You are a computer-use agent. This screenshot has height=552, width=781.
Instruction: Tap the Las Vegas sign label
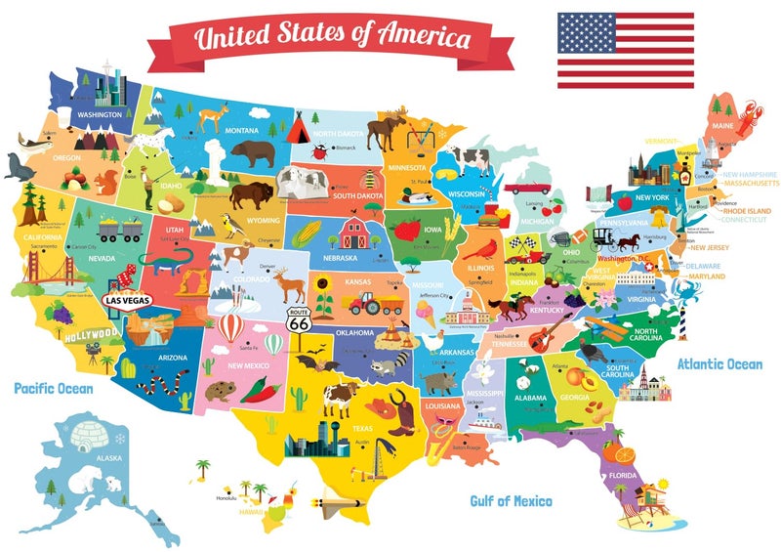[x=126, y=301]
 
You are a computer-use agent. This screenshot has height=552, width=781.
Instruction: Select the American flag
[x=625, y=50]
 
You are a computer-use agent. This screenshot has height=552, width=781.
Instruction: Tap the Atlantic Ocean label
[x=719, y=364]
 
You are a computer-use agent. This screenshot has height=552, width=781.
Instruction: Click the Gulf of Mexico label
[x=511, y=501]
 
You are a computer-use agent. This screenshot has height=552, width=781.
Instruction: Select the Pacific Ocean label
[x=54, y=389]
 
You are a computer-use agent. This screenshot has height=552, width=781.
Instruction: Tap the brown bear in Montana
[x=253, y=152]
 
